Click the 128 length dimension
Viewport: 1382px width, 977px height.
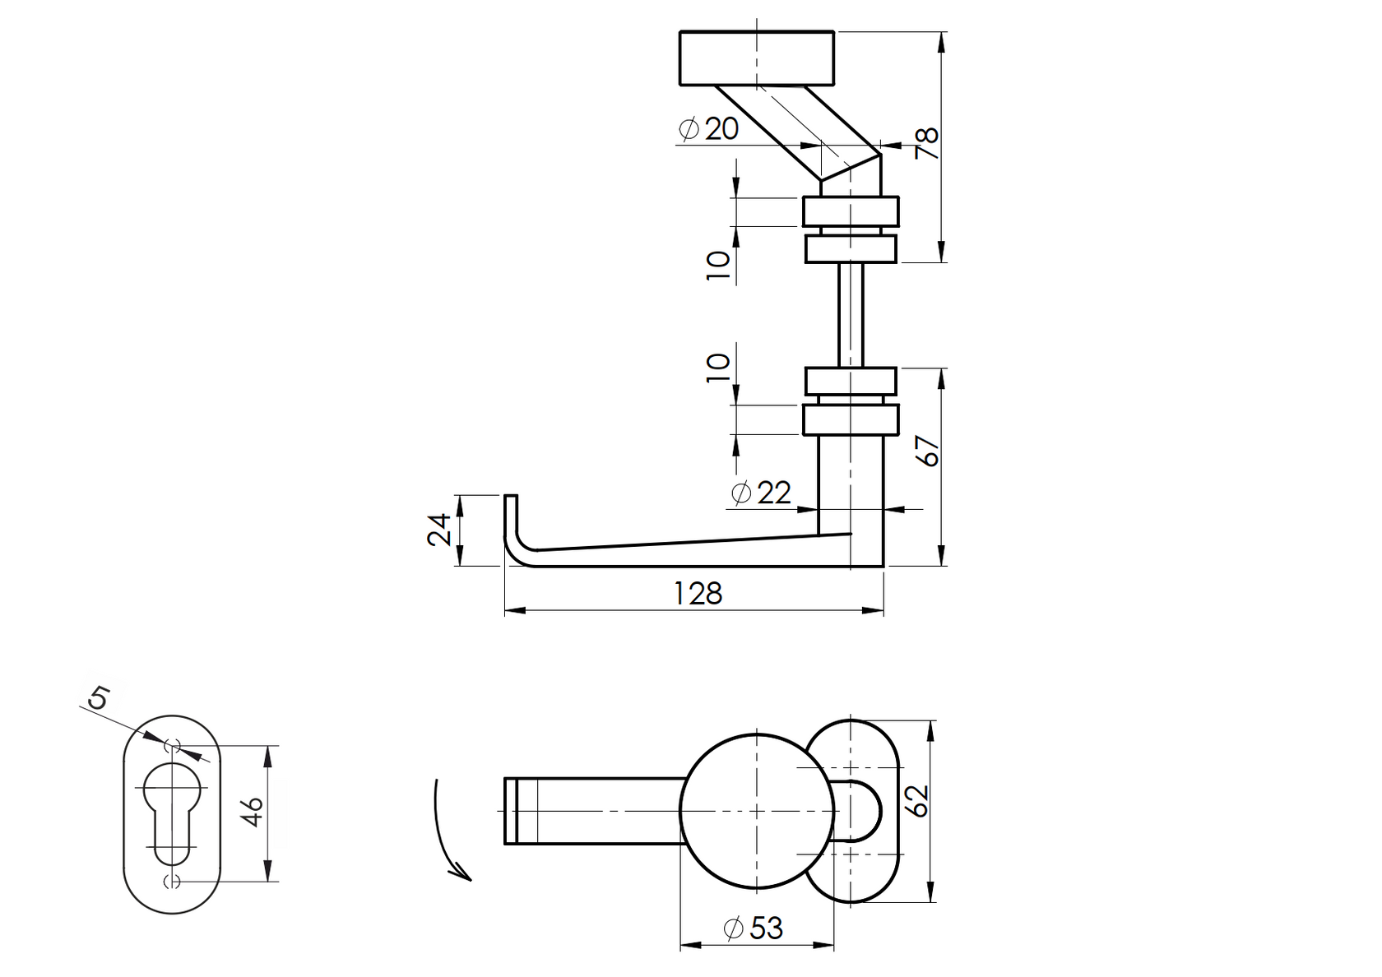[698, 593]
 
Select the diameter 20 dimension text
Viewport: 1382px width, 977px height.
[709, 128]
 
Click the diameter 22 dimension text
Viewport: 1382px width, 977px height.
[761, 493]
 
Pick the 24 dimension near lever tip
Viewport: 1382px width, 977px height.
[440, 530]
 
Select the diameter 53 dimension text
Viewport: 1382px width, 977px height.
[753, 928]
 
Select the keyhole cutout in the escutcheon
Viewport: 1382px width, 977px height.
[172, 810]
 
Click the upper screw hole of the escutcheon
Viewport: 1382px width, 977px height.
[173, 745]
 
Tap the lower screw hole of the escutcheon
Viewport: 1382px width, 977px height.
[173, 882]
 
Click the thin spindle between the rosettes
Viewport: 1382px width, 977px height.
[851, 314]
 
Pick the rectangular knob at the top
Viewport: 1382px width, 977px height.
[757, 58]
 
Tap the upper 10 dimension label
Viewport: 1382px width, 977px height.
[718, 266]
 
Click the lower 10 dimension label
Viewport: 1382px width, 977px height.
[718, 367]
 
